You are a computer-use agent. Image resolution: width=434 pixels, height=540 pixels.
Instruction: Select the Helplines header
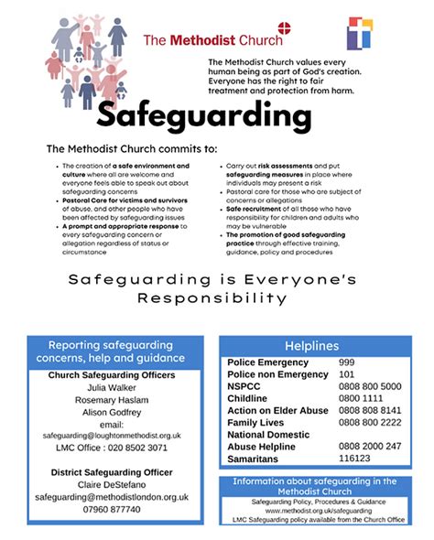tap(311, 346)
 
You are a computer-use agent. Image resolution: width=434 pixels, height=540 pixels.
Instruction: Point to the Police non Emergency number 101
tap(348, 375)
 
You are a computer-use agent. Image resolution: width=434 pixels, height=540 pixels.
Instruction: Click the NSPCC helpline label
tap(245, 386)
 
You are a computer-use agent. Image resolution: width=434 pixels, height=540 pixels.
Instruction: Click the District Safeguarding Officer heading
tap(111, 471)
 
